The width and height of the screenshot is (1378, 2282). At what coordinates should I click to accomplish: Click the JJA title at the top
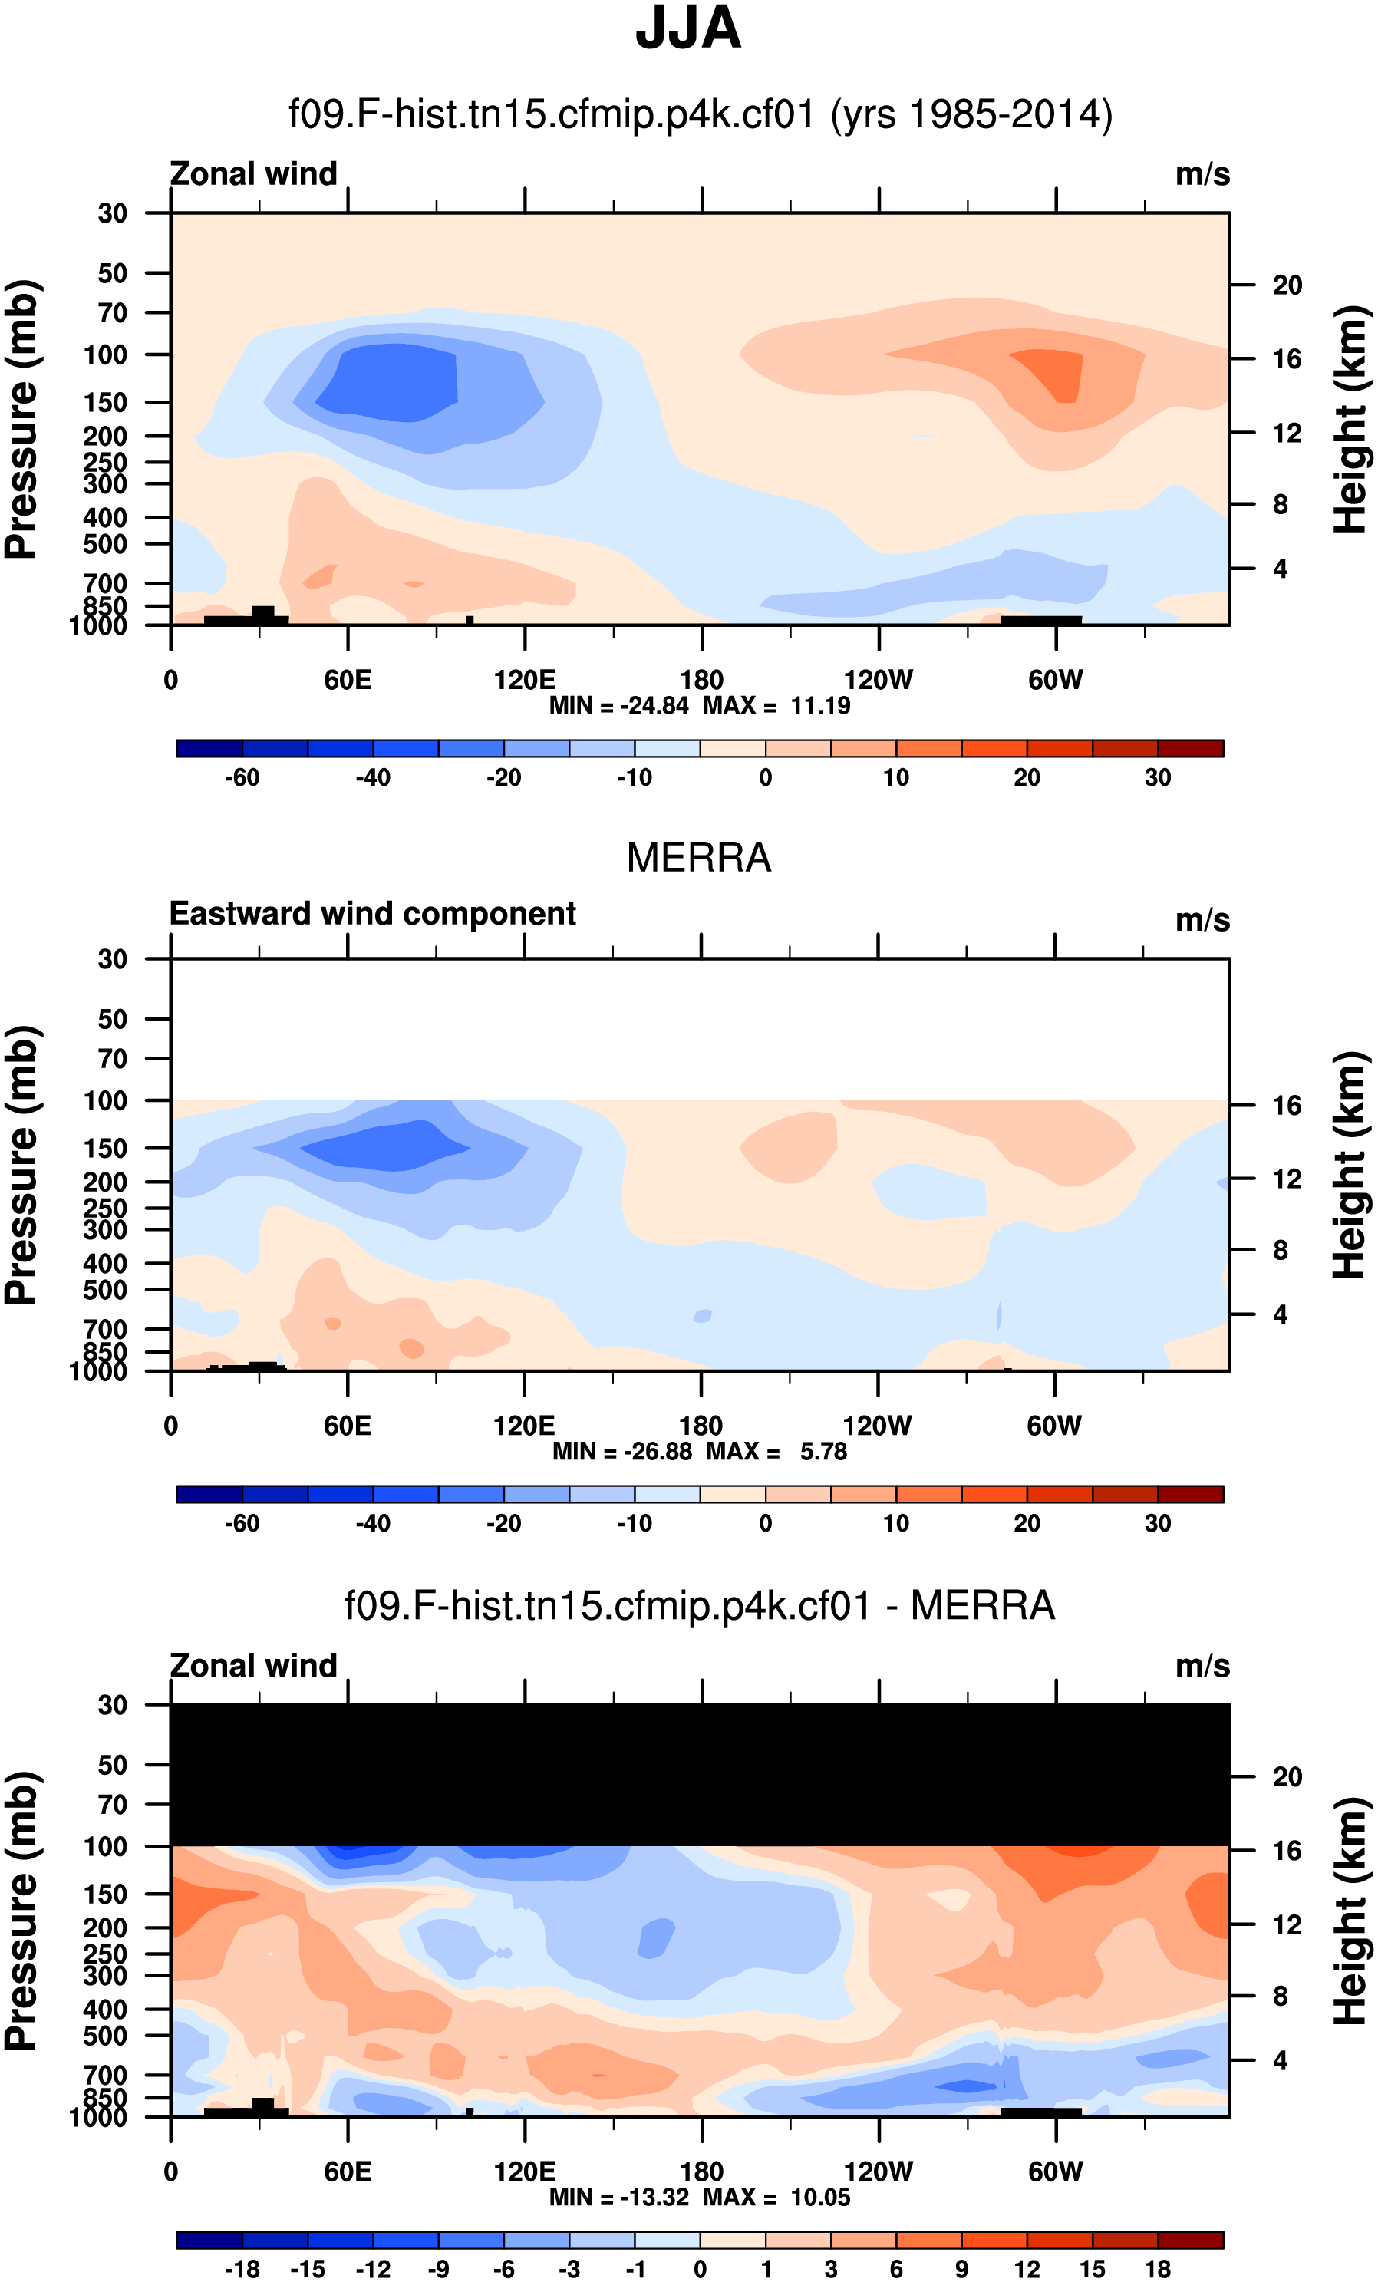click(x=688, y=28)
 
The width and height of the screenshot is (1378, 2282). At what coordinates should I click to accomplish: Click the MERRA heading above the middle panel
click(x=698, y=858)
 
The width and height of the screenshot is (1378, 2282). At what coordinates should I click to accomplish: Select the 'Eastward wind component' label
click(x=372, y=914)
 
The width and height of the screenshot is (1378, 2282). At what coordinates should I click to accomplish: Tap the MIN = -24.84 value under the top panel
click(x=618, y=706)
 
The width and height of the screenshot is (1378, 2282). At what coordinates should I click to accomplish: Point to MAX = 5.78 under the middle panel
click(x=776, y=1451)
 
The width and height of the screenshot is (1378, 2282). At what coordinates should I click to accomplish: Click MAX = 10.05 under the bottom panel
click(x=776, y=2197)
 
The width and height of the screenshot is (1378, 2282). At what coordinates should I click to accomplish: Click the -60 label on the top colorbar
click(x=242, y=778)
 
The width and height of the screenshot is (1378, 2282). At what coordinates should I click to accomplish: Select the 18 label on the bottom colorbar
click(x=1158, y=2269)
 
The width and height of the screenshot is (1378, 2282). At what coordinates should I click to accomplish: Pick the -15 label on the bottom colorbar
click(x=308, y=2269)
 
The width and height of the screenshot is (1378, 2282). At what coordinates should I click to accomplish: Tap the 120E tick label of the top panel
click(x=524, y=681)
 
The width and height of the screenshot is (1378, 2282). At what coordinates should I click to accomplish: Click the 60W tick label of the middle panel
click(x=1054, y=1426)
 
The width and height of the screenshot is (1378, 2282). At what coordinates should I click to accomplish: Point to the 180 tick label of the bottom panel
click(x=701, y=2172)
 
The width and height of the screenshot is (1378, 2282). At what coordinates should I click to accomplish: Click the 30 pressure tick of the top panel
click(x=112, y=214)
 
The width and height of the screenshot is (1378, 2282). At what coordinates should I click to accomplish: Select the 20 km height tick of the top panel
click(x=1287, y=285)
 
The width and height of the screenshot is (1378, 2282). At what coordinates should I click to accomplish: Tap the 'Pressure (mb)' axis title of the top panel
click(x=22, y=419)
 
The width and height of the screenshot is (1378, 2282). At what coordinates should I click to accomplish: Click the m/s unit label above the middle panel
click(x=1202, y=921)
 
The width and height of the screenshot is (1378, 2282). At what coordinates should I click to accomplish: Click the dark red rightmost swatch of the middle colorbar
click(x=1190, y=1494)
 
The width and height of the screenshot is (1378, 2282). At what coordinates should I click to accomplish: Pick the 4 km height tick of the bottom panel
click(x=1280, y=2061)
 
